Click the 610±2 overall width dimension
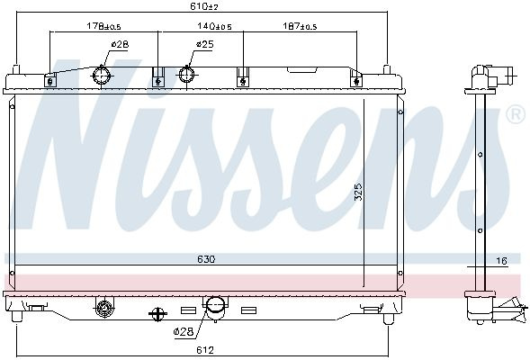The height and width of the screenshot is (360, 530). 204,6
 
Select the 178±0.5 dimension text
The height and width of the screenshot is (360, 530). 103,26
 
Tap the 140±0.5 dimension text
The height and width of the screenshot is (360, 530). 214,26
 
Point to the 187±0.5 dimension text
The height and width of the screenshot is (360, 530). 300,26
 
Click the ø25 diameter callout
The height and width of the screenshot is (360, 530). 205,44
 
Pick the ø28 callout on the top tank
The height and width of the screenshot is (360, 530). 120,44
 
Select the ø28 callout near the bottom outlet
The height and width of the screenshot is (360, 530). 184,331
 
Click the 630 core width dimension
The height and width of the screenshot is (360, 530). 206,259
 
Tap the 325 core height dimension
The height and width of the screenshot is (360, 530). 358,192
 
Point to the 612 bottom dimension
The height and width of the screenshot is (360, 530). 205,350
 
